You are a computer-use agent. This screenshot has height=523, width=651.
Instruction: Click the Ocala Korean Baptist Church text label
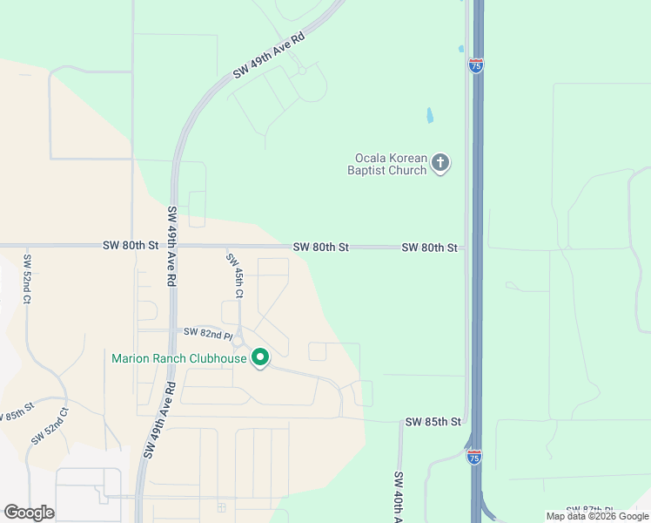pyautogui.click(x=391, y=164)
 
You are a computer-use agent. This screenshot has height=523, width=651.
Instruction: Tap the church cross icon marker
pyautogui.click(x=441, y=162)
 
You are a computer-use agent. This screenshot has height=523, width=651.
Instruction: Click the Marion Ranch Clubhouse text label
pyautogui.click(x=178, y=358)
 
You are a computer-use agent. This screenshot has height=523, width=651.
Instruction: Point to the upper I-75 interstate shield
pyautogui.click(x=475, y=66)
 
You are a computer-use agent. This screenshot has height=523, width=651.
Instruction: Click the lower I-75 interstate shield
pyautogui.click(x=473, y=457)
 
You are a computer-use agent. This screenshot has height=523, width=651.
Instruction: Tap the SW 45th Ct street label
pyautogui.click(x=235, y=275)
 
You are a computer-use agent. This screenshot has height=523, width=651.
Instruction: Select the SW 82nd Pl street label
pyautogui.click(x=207, y=333)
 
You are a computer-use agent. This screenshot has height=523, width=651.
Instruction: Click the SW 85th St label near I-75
pyautogui.click(x=433, y=422)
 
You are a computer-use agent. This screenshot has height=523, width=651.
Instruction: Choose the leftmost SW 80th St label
pyautogui.click(x=130, y=246)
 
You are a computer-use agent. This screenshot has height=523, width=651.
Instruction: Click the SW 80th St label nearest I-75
pyautogui.click(x=429, y=248)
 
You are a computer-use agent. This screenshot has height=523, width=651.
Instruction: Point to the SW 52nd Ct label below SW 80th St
pyautogui.click(x=27, y=279)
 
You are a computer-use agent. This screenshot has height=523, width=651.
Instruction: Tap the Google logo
pyautogui.click(x=29, y=513)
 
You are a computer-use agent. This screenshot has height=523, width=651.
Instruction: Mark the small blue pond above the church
pyautogui.click(x=429, y=114)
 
